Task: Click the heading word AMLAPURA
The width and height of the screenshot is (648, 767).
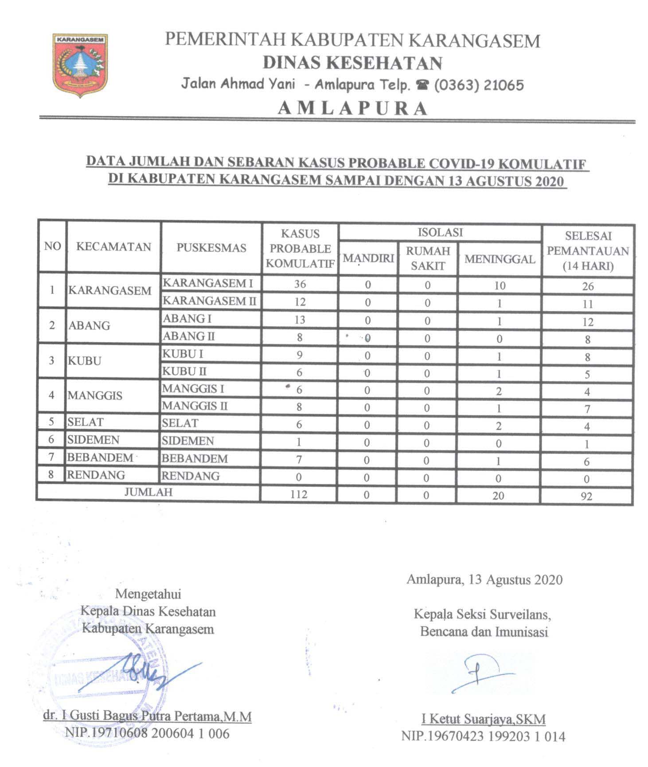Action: pos(353,109)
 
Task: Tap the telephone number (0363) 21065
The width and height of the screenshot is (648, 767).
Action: pos(479,85)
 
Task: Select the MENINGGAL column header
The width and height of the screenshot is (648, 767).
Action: pos(500,259)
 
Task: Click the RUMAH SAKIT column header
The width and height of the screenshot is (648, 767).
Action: pos(428,258)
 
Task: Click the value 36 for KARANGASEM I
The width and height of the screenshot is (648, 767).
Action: pos(300,284)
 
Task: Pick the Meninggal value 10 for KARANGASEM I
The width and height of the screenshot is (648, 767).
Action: pos(500,286)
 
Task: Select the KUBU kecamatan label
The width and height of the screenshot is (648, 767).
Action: pos(85,361)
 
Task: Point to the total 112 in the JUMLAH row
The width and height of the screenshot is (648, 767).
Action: pos(299,494)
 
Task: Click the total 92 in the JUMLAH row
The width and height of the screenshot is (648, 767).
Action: pos(586,496)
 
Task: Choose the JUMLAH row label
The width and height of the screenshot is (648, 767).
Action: pos(148,492)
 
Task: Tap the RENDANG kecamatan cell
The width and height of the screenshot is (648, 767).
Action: pos(96,475)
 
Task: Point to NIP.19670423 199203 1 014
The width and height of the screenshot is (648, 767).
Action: pos(483,736)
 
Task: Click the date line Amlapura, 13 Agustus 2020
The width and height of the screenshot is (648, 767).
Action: pos(484,579)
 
